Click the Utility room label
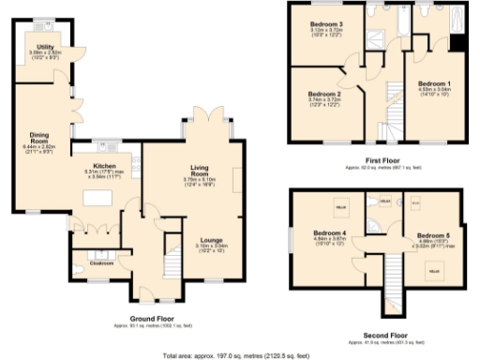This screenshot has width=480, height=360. coord(44,45)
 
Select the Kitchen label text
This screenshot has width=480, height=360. coord(104,166)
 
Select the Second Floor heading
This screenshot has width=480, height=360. coord(385,333)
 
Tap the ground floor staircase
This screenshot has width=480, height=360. coord(172,257)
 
